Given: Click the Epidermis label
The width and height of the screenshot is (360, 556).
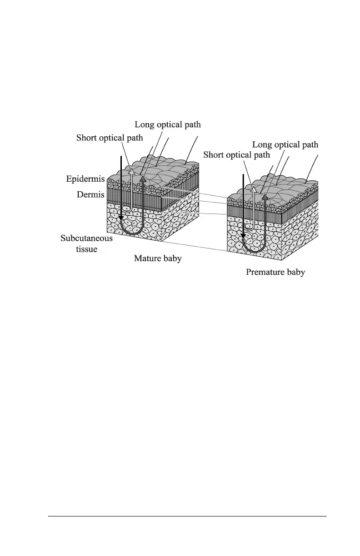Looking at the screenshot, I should (x=85, y=179).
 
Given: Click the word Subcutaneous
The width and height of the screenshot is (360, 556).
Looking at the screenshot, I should (x=86, y=238).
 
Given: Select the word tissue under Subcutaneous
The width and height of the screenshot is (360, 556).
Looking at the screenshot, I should (x=86, y=249).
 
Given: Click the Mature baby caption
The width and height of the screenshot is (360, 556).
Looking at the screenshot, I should (x=158, y=258).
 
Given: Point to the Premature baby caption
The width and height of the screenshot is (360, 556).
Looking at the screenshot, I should (x=275, y=272).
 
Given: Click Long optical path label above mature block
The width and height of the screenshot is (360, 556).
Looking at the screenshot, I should (x=168, y=124).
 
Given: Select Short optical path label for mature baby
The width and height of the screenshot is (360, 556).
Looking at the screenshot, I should (x=110, y=138).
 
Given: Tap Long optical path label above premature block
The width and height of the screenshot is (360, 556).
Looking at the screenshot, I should (x=285, y=145).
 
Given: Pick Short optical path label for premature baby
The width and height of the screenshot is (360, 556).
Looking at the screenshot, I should (x=236, y=155).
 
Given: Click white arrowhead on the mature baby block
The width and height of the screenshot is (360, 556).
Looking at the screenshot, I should (x=132, y=171).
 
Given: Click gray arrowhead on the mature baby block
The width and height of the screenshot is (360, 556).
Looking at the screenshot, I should (x=143, y=179).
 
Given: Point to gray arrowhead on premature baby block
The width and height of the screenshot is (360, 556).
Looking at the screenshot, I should (x=265, y=197).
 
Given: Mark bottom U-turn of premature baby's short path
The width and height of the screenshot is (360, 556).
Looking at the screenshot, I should (x=249, y=228).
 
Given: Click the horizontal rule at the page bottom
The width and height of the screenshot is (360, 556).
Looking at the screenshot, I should (x=187, y=516).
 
